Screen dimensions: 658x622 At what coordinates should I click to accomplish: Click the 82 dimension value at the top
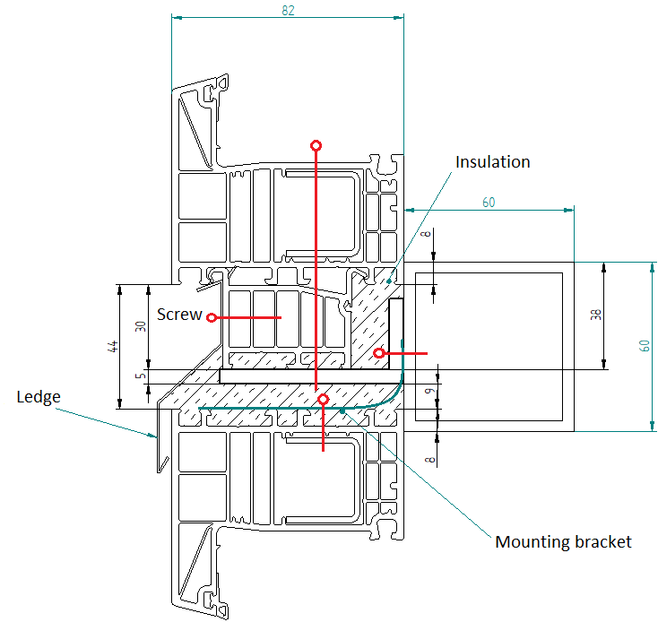click(x=288, y=11)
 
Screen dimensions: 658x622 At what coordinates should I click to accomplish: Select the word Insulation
click(x=493, y=162)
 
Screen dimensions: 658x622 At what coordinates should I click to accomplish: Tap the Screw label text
click(x=179, y=315)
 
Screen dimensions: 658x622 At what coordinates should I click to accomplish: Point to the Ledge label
click(x=39, y=398)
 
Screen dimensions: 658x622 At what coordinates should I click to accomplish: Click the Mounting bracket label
click(x=563, y=542)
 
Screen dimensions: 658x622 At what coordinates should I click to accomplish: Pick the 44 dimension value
click(x=113, y=347)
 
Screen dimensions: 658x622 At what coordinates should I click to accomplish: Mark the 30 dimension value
click(x=141, y=326)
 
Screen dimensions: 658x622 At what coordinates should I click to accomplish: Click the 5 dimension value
click(x=141, y=376)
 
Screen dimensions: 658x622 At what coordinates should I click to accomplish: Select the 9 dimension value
click(x=429, y=392)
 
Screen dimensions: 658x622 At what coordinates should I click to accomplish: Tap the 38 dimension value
click(x=596, y=315)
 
